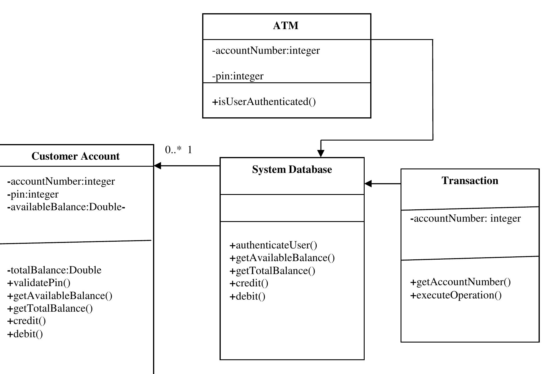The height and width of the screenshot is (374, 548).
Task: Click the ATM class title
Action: pyautogui.click(x=285, y=26)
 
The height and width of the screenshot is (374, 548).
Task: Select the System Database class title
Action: pyautogui.click(x=292, y=170)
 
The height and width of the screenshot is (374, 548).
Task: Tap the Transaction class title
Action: pyautogui.click(x=470, y=181)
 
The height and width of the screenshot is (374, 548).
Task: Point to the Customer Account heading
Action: pyautogui.click(x=76, y=156)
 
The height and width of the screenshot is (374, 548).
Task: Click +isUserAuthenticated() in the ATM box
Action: pyautogui.click(x=264, y=102)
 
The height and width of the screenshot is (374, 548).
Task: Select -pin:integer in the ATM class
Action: pyautogui.click(x=238, y=76)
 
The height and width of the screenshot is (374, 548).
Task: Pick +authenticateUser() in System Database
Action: pyautogui.click(x=273, y=245)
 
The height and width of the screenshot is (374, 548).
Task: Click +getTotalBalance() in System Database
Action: pyautogui.click(x=272, y=271)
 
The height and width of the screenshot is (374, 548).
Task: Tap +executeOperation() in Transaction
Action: pyautogui.click(x=456, y=295)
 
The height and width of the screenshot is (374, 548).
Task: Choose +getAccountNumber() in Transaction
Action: pyautogui.click(x=460, y=282)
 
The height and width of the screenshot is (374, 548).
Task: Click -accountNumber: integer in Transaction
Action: pyautogui.click(x=465, y=218)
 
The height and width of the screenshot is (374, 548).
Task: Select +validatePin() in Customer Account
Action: pyautogui.click(x=39, y=283)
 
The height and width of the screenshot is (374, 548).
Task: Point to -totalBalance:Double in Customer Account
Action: pyautogui.click(x=54, y=270)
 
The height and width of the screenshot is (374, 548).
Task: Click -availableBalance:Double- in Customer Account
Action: pyautogui.click(x=66, y=207)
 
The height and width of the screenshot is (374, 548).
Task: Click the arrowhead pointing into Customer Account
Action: pyautogui.click(x=157, y=166)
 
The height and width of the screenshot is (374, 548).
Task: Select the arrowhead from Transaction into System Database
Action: pyautogui.click(x=368, y=183)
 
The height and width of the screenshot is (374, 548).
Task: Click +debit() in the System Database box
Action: pyautogui.click(x=247, y=296)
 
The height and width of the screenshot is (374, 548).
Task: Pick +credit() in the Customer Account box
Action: pyautogui.click(x=26, y=321)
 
